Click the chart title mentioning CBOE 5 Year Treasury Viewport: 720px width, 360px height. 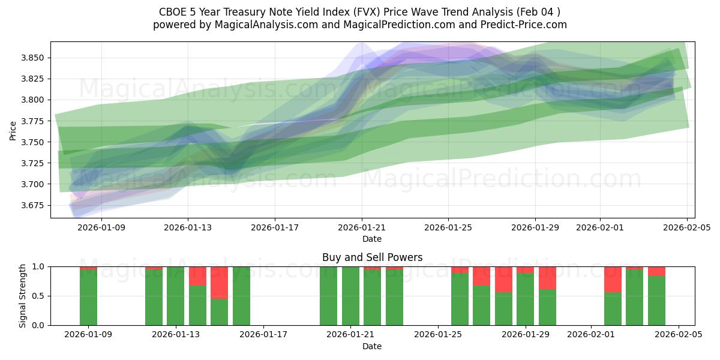click(x=359, y=12)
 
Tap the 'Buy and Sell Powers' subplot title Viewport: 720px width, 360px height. click(x=372, y=257)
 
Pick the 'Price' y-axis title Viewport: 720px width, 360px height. click(x=13, y=130)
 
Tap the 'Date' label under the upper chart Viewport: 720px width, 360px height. click(x=372, y=239)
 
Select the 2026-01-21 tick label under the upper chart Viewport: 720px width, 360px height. click(x=361, y=227)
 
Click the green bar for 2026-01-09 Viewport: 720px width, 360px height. click(x=88, y=297)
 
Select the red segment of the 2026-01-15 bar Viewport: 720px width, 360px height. click(x=219, y=282)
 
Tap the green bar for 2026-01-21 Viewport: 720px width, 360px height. click(x=350, y=296)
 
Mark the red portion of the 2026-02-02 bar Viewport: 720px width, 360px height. click(x=613, y=279)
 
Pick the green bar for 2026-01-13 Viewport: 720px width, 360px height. click(x=176, y=296)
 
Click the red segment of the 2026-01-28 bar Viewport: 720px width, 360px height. click(x=503, y=279)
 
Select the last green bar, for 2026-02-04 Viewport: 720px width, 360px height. click(x=656, y=300)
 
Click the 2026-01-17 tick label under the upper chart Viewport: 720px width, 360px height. click(x=274, y=227)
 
